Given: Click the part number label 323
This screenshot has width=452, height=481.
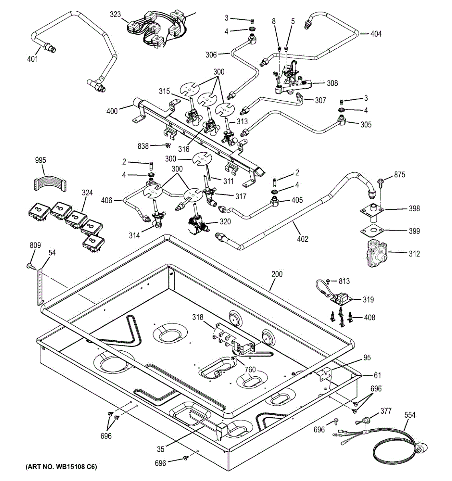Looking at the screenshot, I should [x=115, y=15].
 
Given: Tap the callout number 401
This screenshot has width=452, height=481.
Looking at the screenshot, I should [x=32, y=59].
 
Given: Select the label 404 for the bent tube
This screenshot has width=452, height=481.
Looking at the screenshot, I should [x=376, y=34].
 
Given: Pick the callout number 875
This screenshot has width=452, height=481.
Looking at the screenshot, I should [x=399, y=175].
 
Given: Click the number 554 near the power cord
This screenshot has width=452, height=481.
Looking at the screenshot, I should [x=410, y=415].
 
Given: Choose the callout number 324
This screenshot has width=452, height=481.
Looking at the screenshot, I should [x=87, y=193].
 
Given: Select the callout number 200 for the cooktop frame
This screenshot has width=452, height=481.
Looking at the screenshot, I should [x=277, y=275].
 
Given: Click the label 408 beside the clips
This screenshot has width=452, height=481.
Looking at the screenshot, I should [x=369, y=317].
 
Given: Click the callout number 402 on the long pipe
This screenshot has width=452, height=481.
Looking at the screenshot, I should [x=303, y=239].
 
